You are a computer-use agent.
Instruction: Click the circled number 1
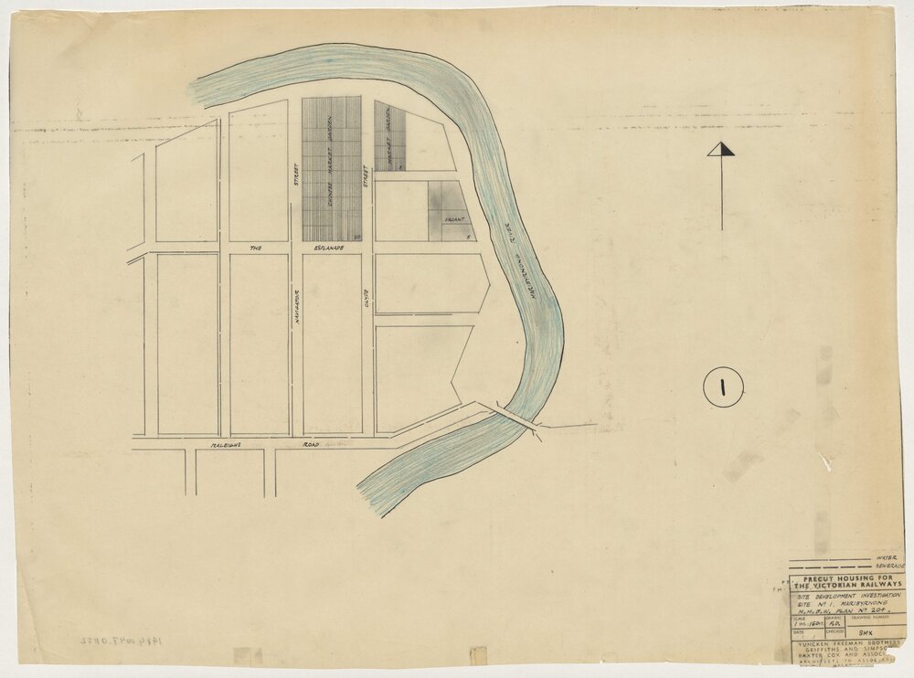tap(722, 387)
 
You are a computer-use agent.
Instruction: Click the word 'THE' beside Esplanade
tap(256, 248)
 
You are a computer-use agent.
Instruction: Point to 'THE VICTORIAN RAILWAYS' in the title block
tap(843, 586)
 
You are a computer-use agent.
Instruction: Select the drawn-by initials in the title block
tap(832, 623)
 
